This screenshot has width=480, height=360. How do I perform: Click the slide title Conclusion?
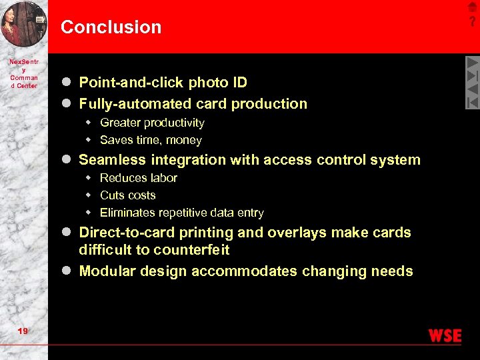[111, 27]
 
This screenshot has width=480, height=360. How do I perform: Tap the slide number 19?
[23, 331]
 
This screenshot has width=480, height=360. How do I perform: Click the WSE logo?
[445, 335]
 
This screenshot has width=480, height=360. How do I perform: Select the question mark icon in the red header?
[472, 21]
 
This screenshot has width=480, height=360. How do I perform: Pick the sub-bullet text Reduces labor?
[138, 178]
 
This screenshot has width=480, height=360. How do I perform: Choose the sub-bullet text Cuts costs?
[127, 195]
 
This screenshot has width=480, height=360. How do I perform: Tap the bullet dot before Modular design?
[66, 271]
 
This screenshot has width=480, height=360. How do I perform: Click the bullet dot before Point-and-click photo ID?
[66, 83]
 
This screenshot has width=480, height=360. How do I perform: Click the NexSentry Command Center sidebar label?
[24, 73]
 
